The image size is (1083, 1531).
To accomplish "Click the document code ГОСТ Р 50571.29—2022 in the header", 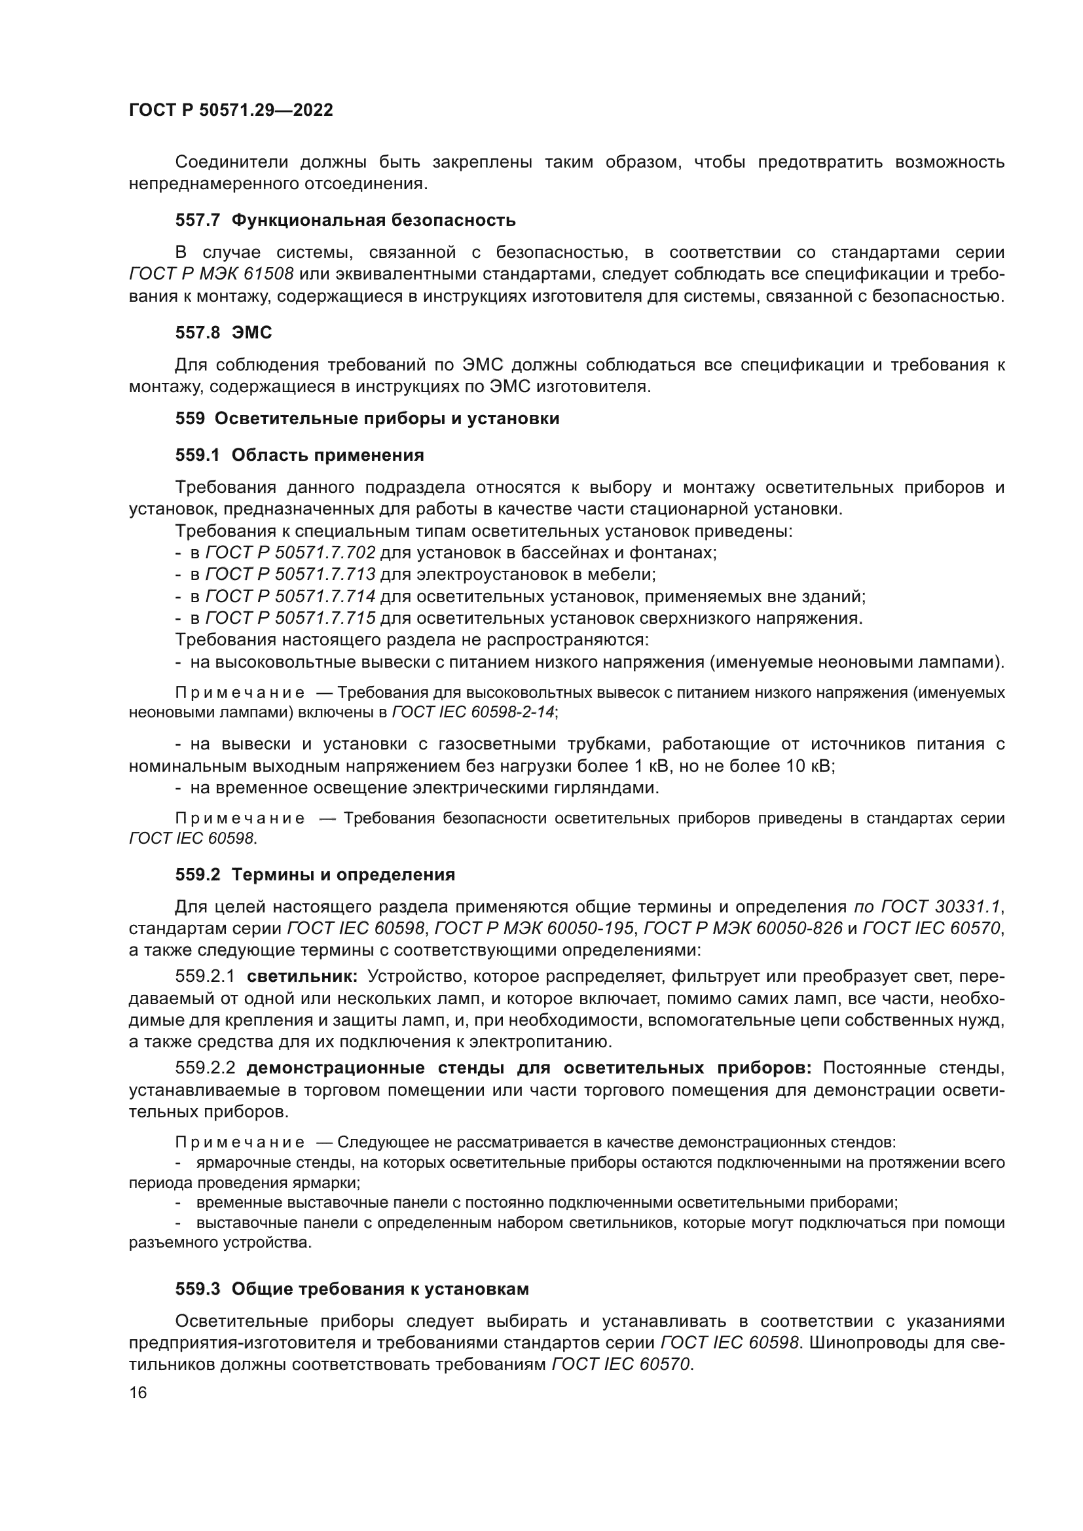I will coord(230,110).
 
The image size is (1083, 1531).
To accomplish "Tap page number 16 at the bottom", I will coord(138,1392).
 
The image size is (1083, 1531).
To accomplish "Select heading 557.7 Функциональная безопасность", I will coord(346,220).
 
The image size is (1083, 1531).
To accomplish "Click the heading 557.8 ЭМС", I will coord(223,332).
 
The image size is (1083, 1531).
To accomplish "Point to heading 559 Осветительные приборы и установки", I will coord(367,419).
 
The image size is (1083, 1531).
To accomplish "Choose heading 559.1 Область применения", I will coord(299,455).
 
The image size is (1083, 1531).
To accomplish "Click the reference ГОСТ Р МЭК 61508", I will coord(211,274).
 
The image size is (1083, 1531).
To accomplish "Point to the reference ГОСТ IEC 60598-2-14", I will coord(473,711).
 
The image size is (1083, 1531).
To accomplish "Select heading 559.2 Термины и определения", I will coord(315,874).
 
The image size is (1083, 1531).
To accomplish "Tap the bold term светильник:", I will coord(302,976).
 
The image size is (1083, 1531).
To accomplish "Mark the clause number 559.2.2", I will coord(205,1068).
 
